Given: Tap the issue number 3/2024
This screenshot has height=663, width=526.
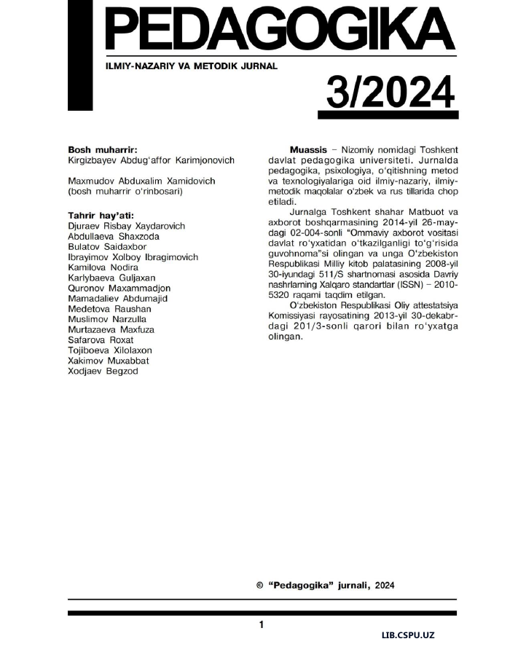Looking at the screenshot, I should (388, 94).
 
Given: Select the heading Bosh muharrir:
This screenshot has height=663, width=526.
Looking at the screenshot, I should (102, 148).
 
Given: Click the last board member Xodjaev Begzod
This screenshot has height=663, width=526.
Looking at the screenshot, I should (102, 371).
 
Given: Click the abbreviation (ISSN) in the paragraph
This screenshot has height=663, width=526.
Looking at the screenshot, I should (412, 285).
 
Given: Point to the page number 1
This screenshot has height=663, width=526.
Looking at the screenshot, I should (262, 624).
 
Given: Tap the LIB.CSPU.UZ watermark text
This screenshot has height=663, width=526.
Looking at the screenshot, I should (408, 635).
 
